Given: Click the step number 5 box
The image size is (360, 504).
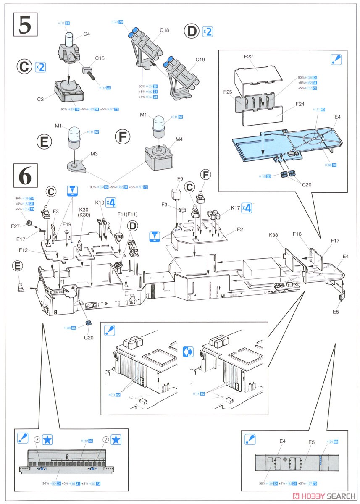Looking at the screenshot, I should click(x=25, y=25).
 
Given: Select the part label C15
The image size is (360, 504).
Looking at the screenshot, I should click(x=100, y=58).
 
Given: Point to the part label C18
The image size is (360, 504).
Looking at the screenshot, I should click(x=164, y=30).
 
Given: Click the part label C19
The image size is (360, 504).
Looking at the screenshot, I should click(x=200, y=60).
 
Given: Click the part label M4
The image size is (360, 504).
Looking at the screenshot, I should click(x=179, y=139).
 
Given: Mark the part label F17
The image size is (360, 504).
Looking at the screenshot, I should click(x=335, y=241).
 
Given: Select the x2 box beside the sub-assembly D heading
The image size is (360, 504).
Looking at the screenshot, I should click(x=208, y=31).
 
